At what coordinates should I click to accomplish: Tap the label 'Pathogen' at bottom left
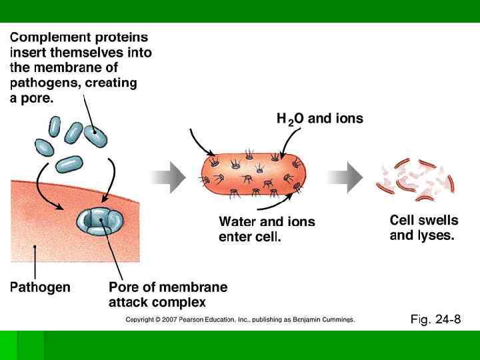[x=40, y=288]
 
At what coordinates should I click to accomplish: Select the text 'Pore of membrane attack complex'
[x=167, y=295]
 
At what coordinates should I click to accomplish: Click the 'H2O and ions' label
[x=320, y=119]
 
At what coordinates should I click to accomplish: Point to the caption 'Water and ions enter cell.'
[x=267, y=229]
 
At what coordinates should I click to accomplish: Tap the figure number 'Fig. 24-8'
[x=435, y=320]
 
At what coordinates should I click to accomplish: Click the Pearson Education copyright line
[x=240, y=320]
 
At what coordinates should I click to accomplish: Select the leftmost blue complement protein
[x=45, y=146]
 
